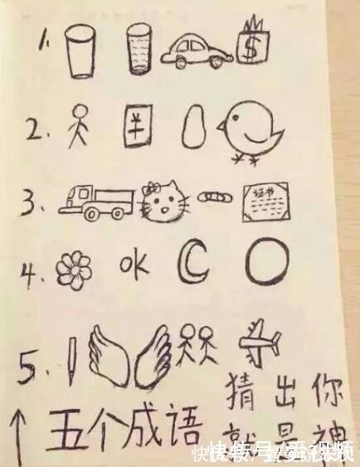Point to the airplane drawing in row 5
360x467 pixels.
coord(258,341)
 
